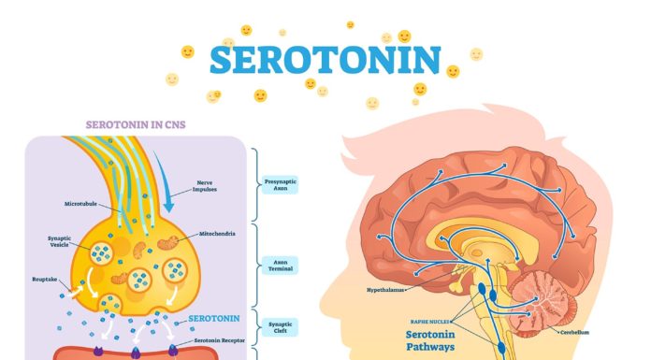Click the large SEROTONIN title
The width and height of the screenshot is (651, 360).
tap(325, 60)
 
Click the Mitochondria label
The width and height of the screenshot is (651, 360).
tap(219, 233)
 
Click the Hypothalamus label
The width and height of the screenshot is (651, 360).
tap(385, 290)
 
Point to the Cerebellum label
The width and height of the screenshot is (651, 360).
tap(574, 332)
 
